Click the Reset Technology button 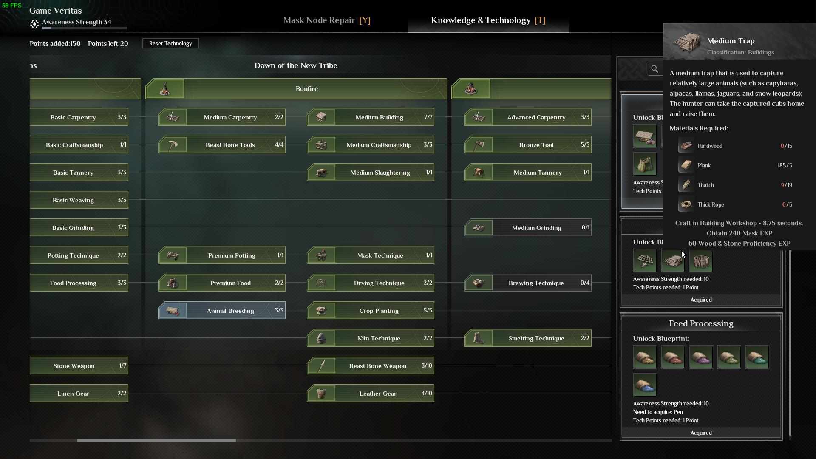point(170,43)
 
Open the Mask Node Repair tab point(327,20)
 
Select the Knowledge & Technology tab point(488,20)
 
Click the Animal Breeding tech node point(221,311)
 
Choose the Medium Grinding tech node point(527,228)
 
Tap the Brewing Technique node point(527,283)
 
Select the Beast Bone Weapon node point(370,366)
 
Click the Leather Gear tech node point(370,394)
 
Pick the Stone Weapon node point(79,366)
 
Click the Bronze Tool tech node point(527,145)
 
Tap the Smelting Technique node point(527,338)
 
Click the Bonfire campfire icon point(165,89)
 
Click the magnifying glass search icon point(654,69)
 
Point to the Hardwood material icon point(686,146)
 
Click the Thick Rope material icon point(686,204)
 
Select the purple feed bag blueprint point(701,357)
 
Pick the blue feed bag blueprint point(645,385)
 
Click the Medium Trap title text point(731,41)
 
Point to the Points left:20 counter point(108,43)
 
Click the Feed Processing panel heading point(701,323)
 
